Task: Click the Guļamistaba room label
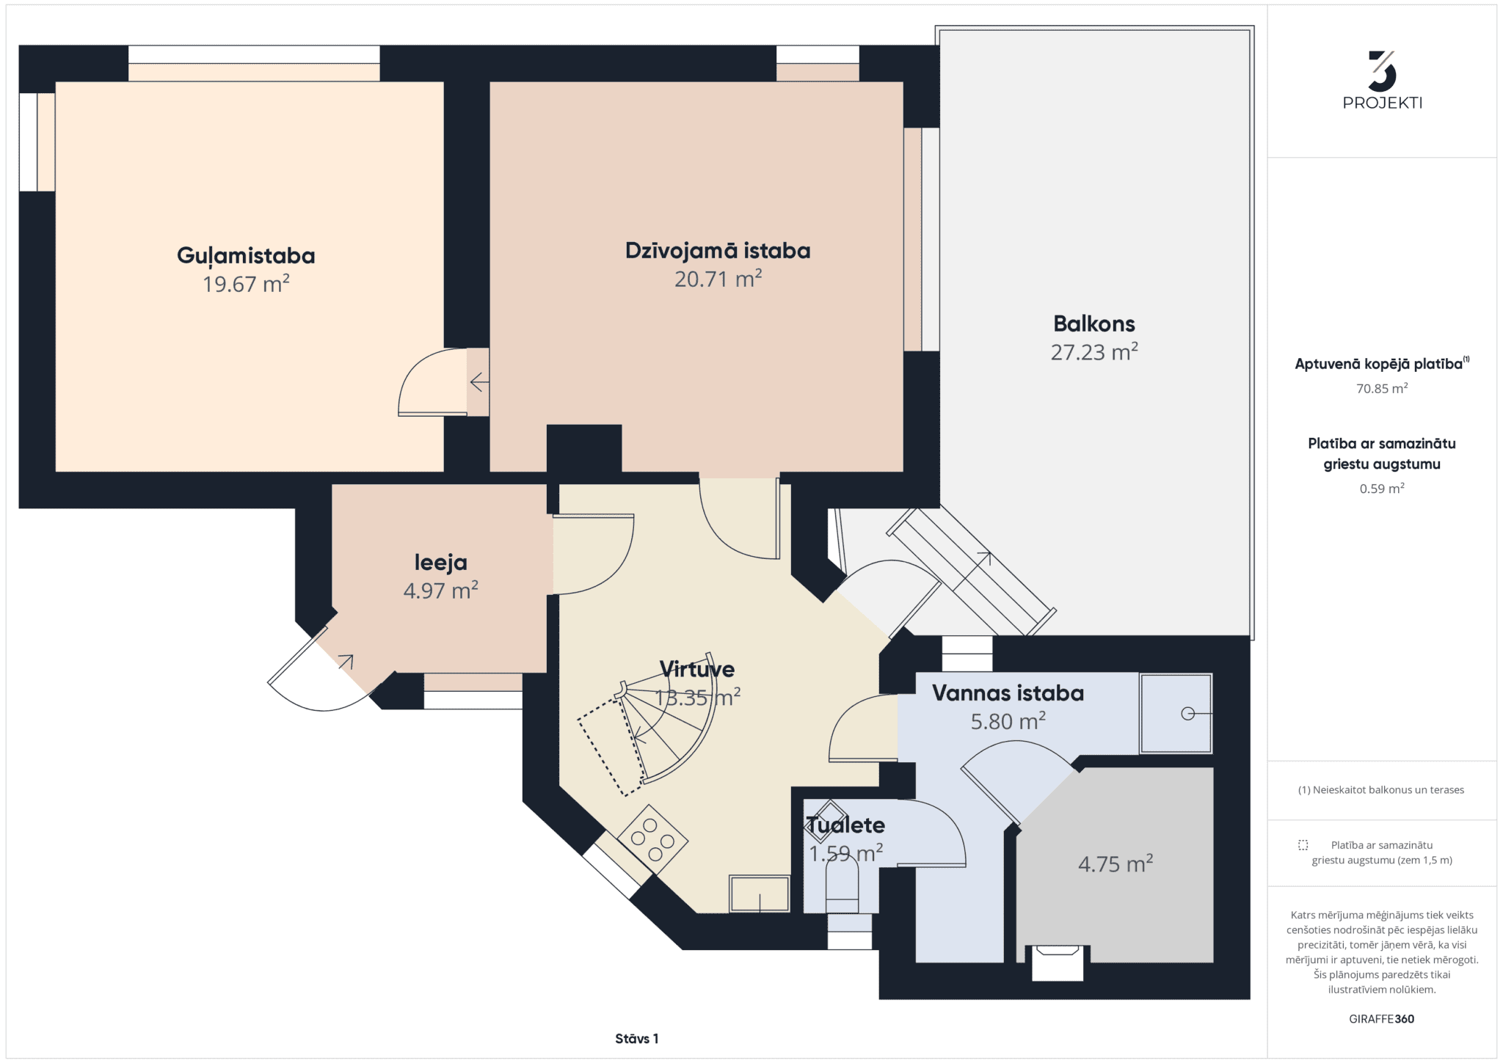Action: click(246, 256)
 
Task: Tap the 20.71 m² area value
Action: click(718, 279)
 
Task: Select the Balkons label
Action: click(1094, 324)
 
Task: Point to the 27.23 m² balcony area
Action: click(1094, 352)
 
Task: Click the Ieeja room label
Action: click(440, 563)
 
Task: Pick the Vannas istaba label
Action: click(1008, 693)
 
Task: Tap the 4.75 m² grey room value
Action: click(1115, 863)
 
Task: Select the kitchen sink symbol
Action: click(759, 894)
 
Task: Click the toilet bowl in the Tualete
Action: click(842, 883)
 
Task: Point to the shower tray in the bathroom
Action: click(1176, 713)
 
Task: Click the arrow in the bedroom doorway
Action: click(479, 382)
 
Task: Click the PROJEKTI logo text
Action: click(1382, 103)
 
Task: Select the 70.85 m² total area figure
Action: click(1382, 389)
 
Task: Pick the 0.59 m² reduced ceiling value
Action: click(1382, 489)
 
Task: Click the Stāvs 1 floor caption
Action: click(636, 1039)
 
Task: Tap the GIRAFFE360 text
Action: click(1381, 1019)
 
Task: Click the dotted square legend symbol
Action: click(1303, 845)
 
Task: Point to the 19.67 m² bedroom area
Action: click(246, 284)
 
